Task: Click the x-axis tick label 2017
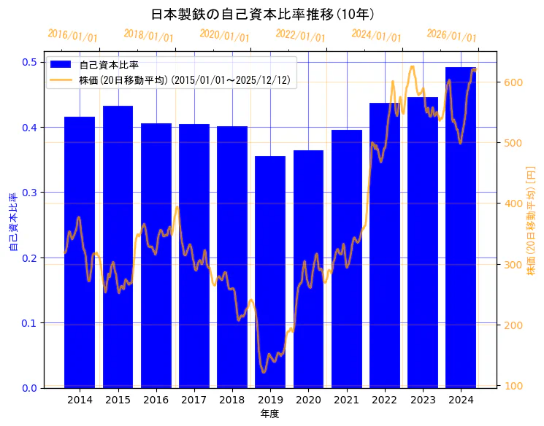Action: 194,400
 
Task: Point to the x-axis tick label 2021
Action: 347,400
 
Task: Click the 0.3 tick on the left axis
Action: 30,193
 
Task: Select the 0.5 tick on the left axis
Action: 30,62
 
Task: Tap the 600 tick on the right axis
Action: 513,82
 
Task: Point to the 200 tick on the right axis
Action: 513,325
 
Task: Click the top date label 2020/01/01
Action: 224,36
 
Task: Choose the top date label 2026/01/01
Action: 451,36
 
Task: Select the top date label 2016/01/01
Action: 72,36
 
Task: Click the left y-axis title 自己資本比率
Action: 12,222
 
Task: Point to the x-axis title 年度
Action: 269,414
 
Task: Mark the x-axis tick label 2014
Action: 80,400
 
